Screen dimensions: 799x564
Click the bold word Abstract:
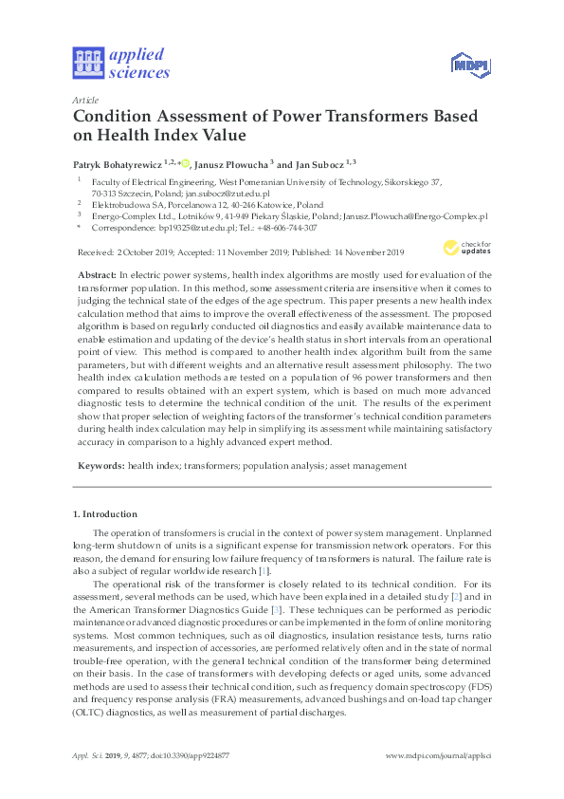point(96,273)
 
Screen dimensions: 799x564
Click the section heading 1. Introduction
point(105,513)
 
